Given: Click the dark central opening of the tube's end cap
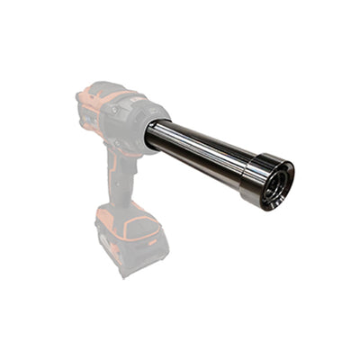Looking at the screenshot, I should point(275,186).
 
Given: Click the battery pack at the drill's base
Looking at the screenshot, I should point(132,238).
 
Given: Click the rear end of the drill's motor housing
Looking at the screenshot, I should point(84,108).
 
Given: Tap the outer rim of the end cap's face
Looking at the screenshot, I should point(285,172).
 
